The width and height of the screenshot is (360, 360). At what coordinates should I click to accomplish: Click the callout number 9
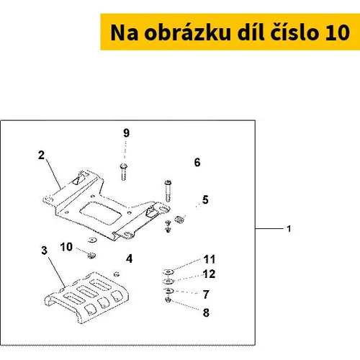click(x=126, y=132)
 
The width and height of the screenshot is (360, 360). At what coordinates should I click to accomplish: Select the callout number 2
click(x=42, y=155)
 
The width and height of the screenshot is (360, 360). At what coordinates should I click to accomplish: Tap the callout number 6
click(x=197, y=162)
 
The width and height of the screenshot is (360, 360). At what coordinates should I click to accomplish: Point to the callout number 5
click(x=205, y=199)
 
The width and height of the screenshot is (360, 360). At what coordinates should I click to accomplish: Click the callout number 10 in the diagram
click(x=66, y=247)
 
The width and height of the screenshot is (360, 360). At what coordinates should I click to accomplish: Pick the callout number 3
click(x=45, y=251)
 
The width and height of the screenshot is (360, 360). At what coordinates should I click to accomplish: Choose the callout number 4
click(x=130, y=258)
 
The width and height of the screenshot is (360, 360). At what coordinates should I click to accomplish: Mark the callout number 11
click(x=210, y=259)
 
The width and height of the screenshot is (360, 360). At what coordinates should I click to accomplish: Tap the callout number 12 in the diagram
click(x=210, y=274)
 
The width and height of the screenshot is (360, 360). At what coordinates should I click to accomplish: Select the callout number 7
click(x=206, y=294)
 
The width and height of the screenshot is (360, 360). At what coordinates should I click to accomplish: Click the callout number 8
click(x=206, y=312)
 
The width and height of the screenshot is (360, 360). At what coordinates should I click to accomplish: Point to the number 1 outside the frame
click(x=289, y=229)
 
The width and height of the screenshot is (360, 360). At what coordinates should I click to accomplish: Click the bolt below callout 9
click(x=124, y=171)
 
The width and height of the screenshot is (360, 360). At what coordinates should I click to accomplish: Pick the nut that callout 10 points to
click(x=91, y=256)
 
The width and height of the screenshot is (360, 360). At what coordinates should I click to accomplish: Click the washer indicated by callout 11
click(x=168, y=272)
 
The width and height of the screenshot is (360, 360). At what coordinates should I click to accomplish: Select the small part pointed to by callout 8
click(x=168, y=300)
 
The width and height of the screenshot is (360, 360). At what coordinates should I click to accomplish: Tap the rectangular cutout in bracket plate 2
click(x=100, y=213)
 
